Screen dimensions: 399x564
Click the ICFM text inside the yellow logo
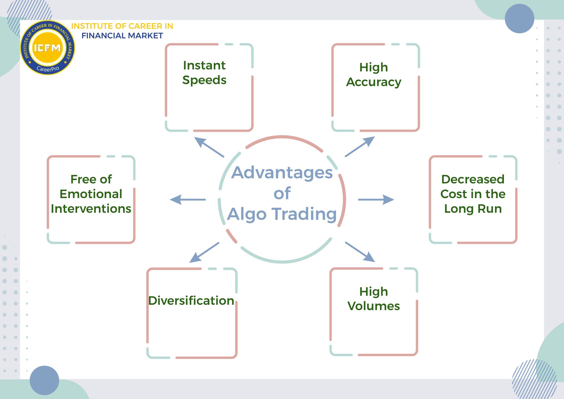pyautogui.click(x=47, y=48)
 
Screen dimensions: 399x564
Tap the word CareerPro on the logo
pyautogui.click(x=48, y=69)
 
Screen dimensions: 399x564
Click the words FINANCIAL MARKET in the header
pyautogui.click(x=122, y=36)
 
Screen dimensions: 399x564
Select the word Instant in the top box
pyautogui.click(x=204, y=65)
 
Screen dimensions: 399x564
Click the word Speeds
pyautogui.click(x=204, y=80)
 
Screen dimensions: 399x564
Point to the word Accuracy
pyautogui.click(x=373, y=82)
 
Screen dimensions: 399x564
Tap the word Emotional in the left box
pyautogui.click(x=91, y=194)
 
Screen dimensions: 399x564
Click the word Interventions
pyautogui.click(x=91, y=209)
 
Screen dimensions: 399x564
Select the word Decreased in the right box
pyautogui.click(x=473, y=179)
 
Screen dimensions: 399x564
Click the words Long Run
pyautogui.click(x=473, y=209)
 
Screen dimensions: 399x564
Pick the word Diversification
pyautogui.click(x=191, y=301)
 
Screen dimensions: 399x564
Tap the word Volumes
pyautogui.click(x=373, y=306)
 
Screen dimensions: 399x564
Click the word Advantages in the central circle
pyautogui.click(x=282, y=172)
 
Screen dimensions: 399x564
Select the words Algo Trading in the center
pyautogui.click(x=282, y=214)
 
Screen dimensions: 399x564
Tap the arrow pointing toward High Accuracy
pyautogui.click(x=360, y=147)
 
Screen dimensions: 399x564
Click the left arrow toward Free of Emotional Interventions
pyautogui.click(x=188, y=199)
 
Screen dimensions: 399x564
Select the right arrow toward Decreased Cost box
pyautogui.click(x=376, y=199)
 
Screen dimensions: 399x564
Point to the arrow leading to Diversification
pyautogui.click(x=204, y=253)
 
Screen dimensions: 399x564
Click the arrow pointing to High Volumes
pyautogui.click(x=360, y=252)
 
